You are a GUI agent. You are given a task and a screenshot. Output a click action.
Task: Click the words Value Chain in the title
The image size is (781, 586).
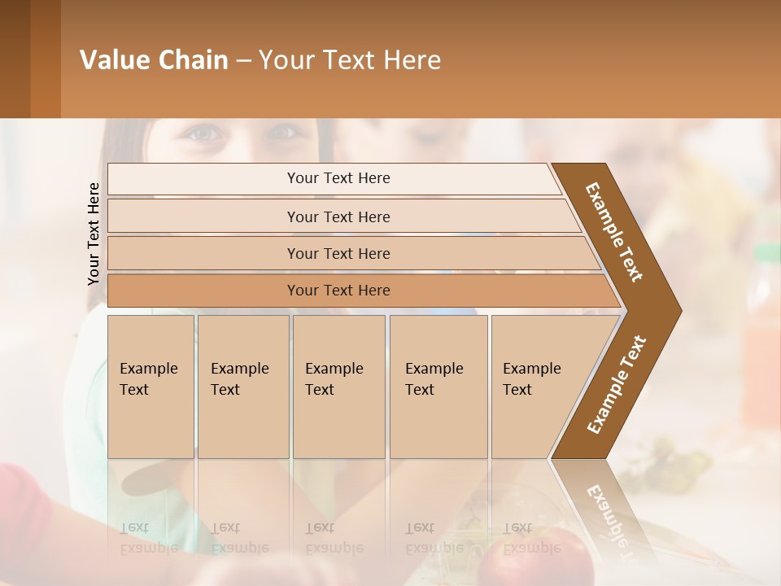coord(154,60)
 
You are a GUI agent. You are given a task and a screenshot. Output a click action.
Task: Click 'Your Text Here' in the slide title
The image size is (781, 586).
coord(349,60)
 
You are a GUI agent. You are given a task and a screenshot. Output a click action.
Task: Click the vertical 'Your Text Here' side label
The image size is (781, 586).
coord(94,234)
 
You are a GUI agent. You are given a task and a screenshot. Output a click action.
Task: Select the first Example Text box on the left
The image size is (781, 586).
coord(151,387)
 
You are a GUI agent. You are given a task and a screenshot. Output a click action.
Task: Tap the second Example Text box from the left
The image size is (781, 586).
coord(243,387)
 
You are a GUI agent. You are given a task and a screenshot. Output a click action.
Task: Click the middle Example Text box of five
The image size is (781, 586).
coord(338,387)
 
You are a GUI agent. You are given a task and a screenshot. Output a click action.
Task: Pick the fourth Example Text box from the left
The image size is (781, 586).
coord(438,387)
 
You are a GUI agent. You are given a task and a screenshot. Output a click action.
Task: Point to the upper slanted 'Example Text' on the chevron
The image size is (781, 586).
coord(614,232)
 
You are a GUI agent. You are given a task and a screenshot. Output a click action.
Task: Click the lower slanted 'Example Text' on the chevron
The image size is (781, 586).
coord(617,385)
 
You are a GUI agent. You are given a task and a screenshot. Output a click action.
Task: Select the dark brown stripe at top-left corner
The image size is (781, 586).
coord(15,59)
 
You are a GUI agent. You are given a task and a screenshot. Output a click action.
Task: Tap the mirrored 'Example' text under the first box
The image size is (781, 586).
coord(149,547)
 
